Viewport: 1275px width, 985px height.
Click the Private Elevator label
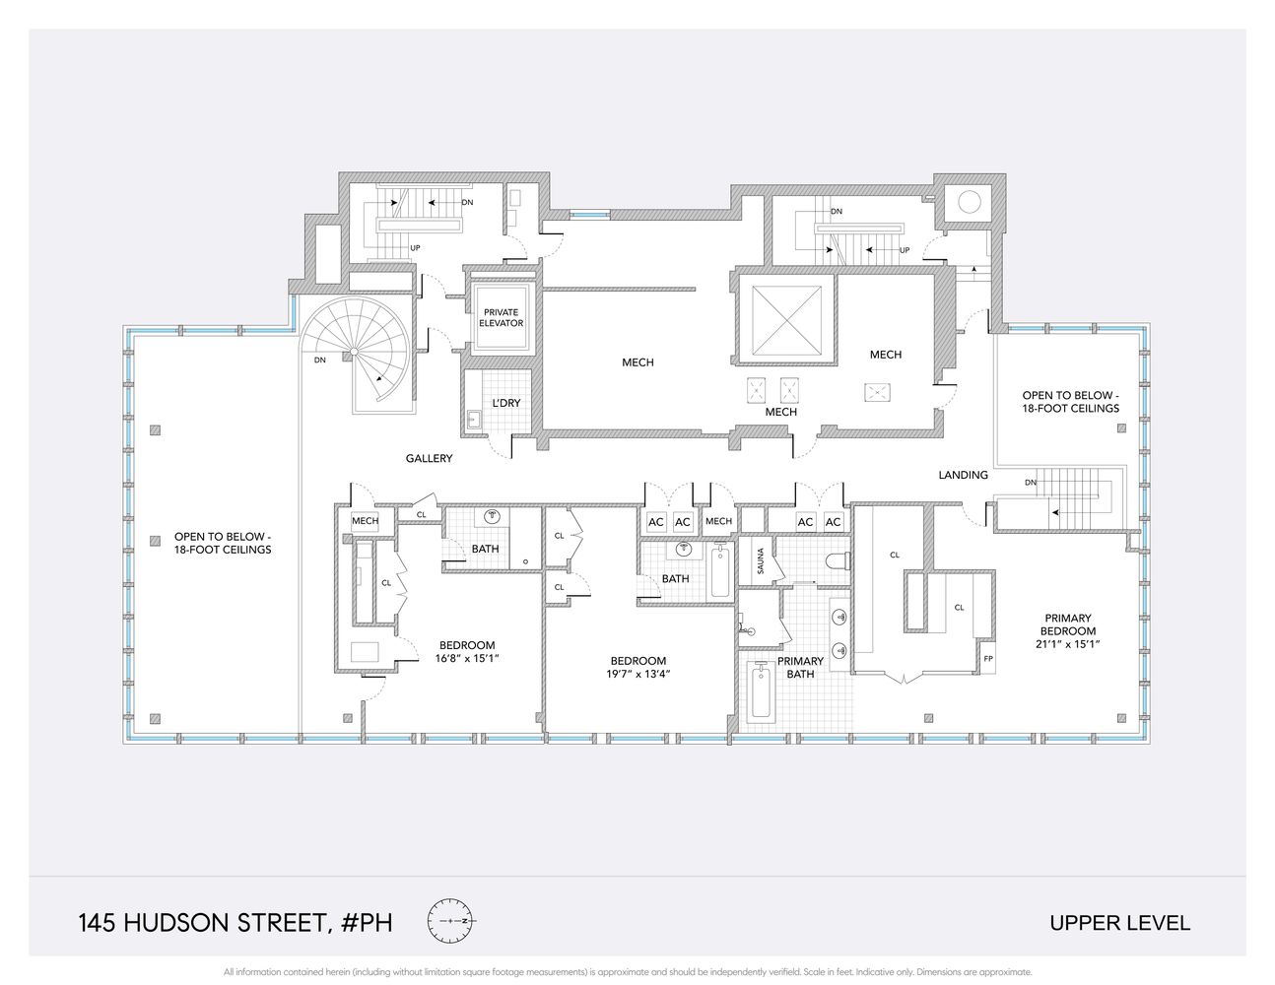click(502, 318)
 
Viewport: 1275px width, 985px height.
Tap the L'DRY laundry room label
click(505, 404)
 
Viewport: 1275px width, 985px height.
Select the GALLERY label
click(429, 458)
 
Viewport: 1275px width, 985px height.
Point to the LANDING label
click(963, 475)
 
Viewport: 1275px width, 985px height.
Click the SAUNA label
click(761, 560)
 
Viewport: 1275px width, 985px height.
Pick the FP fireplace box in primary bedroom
click(988, 658)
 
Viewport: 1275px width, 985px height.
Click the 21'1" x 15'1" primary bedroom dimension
click(1068, 644)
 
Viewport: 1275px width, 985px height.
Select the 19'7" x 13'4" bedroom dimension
click(638, 674)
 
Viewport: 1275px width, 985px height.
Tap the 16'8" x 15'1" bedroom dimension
click(467, 658)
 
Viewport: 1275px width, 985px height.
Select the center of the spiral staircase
click(354, 352)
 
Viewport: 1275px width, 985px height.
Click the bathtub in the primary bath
click(761, 690)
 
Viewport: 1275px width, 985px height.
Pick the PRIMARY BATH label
click(800, 667)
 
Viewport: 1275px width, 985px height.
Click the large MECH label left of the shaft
click(637, 362)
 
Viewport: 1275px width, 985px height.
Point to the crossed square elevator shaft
click(786, 319)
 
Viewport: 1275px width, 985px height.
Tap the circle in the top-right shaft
click(970, 202)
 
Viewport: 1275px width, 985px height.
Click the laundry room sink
click(474, 420)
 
